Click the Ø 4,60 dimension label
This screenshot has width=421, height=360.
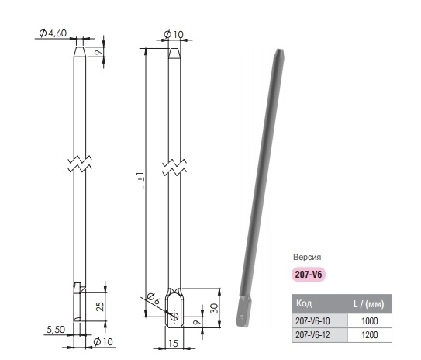(x=53, y=33)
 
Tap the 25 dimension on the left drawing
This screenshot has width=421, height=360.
(x=100, y=306)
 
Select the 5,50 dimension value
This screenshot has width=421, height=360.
(x=56, y=330)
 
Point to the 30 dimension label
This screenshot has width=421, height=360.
(x=214, y=309)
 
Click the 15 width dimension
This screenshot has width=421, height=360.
(x=174, y=343)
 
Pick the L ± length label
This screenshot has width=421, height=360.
(x=140, y=182)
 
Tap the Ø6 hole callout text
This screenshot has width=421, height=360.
(x=154, y=299)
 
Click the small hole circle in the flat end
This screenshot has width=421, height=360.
(x=174, y=317)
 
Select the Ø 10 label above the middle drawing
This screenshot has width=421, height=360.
(x=174, y=34)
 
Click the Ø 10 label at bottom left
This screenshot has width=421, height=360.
(x=103, y=341)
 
